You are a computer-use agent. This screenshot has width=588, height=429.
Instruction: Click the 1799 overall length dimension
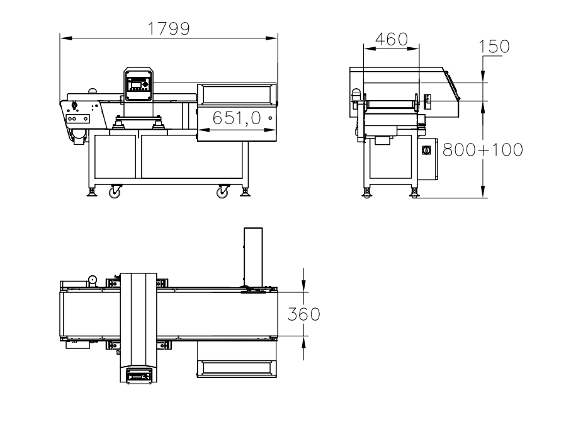(169, 29)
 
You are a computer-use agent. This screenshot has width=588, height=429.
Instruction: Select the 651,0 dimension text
(237, 118)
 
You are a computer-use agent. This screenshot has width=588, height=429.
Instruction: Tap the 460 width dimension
(392, 40)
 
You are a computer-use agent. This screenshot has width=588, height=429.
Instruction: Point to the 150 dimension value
(494, 47)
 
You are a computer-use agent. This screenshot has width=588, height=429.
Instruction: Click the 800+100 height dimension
(483, 150)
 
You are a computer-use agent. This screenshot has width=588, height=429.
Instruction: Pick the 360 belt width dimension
(303, 314)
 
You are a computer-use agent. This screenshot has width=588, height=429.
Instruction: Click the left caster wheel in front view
(115, 192)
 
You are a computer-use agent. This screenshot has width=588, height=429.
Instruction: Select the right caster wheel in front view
(223, 192)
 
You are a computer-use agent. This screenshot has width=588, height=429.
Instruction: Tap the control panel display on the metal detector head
(136, 84)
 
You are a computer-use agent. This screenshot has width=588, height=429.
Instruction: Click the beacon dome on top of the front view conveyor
(92, 91)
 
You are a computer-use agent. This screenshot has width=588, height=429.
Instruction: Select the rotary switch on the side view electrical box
(426, 151)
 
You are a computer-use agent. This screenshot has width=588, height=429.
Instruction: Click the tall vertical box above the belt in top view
(253, 258)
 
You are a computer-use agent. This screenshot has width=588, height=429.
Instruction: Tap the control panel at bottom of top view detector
(139, 375)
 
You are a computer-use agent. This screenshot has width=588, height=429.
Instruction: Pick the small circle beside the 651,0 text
(270, 118)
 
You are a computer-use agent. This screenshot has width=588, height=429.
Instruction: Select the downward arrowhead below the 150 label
(483, 76)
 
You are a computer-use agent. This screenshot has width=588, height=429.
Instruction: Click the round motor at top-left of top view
(93, 280)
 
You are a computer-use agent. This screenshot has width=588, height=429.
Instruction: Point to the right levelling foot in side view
(414, 193)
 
